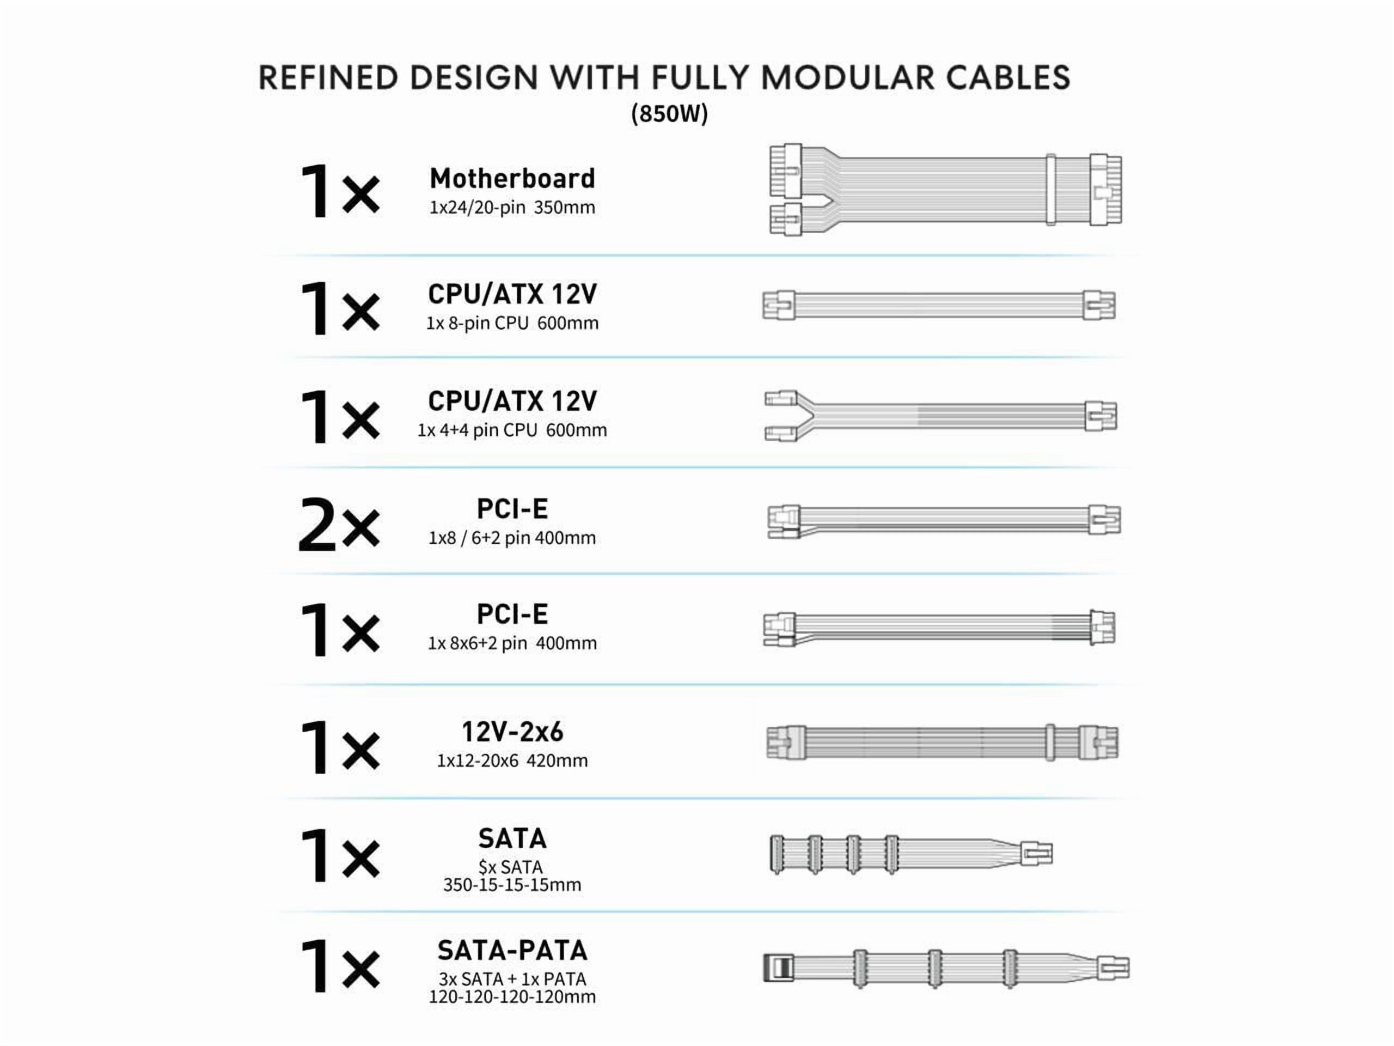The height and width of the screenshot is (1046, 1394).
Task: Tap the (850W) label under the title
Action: tap(669, 113)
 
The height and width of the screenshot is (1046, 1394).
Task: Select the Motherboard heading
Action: tap(512, 179)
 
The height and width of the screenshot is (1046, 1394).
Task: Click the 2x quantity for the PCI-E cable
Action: tap(339, 525)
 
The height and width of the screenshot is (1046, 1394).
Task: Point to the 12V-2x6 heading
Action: tap(512, 731)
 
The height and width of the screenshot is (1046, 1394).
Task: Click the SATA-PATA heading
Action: tap(512, 950)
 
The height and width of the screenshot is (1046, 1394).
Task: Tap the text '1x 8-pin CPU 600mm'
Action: tap(512, 323)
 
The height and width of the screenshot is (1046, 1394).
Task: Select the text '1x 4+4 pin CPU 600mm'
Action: tap(512, 430)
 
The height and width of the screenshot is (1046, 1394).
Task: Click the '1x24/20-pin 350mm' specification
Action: tap(512, 207)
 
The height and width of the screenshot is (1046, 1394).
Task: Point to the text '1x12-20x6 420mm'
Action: tap(512, 761)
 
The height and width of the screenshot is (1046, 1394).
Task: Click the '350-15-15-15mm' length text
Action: tap(512, 885)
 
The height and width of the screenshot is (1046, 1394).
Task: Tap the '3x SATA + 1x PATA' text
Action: tap(512, 978)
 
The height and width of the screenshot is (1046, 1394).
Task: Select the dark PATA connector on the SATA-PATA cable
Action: tap(779, 968)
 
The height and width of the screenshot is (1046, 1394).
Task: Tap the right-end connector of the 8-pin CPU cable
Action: tap(1099, 305)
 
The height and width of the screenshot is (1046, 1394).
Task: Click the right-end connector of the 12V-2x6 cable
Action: tap(1098, 742)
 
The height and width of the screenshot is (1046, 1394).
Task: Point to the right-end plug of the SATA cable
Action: tap(1037, 854)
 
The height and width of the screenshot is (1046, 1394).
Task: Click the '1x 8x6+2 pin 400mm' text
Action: tap(512, 643)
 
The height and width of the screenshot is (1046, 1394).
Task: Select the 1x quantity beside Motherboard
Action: tap(339, 191)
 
